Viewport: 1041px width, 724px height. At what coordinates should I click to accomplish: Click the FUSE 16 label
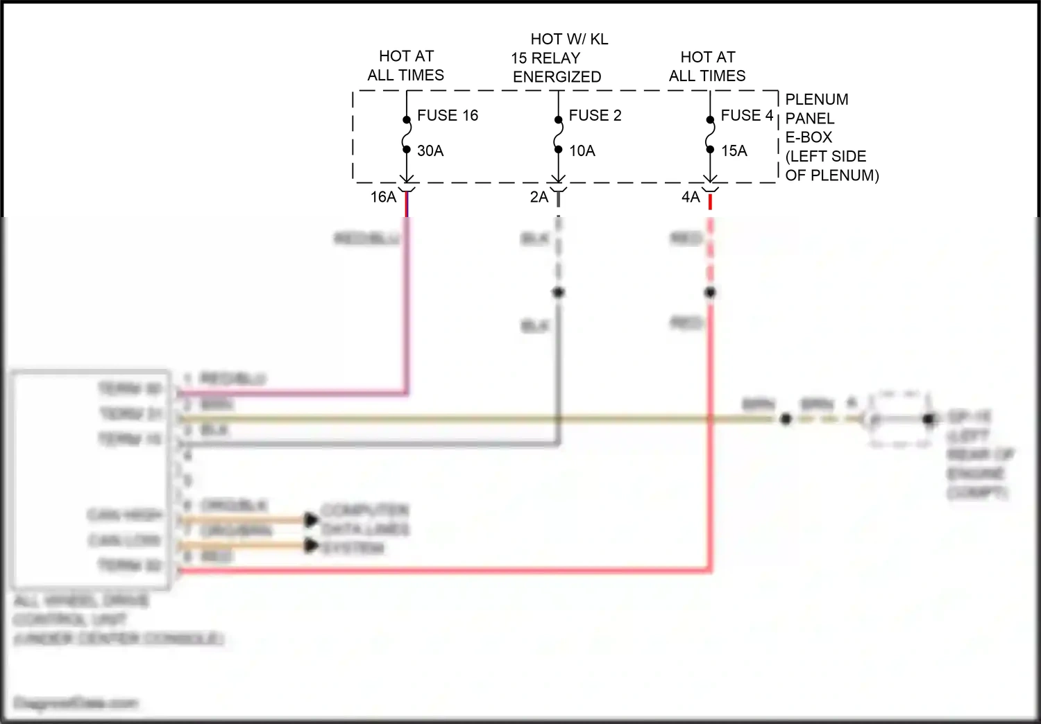point(447,115)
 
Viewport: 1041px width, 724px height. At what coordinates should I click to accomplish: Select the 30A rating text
point(430,150)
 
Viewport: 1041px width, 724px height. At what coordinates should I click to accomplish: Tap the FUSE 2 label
point(595,115)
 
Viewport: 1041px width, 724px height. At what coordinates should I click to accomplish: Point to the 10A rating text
point(582,150)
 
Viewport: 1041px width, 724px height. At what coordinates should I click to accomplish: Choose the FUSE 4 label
point(747,115)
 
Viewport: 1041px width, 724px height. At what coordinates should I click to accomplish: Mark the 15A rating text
point(734,150)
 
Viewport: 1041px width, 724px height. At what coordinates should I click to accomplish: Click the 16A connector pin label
point(383,197)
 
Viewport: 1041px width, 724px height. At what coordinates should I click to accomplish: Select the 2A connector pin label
point(539,197)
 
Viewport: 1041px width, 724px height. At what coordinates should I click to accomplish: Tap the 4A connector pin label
point(691,197)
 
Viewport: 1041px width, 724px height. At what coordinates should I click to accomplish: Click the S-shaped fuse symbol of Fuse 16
point(407,135)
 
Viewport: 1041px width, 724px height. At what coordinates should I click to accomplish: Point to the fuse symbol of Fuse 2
point(558,135)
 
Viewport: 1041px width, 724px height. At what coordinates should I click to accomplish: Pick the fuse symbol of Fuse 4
point(710,135)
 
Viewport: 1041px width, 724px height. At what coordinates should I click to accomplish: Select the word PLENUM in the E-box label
point(816,99)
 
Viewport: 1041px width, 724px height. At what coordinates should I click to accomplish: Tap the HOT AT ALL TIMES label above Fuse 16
point(406,65)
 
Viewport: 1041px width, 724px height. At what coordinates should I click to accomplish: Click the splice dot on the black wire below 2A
point(558,292)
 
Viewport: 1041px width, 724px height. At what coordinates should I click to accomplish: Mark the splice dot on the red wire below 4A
point(710,292)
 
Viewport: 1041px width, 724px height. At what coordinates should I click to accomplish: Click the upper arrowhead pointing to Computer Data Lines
point(311,519)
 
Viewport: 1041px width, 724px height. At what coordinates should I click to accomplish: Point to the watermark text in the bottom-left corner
point(76,703)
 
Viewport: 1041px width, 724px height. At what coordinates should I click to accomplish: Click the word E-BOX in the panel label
point(809,137)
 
